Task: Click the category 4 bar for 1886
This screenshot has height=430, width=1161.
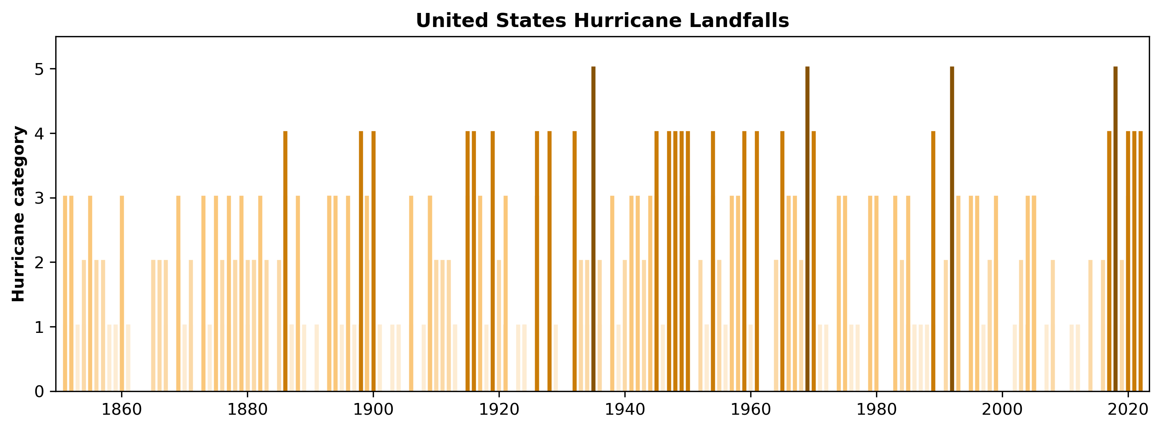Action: click(285, 261)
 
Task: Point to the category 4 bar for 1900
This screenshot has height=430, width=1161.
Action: click(373, 261)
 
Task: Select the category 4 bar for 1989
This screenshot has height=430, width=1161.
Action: click(933, 261)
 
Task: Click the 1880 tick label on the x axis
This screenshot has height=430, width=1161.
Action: click(247, 410)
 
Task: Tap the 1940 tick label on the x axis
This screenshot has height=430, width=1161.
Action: click(625, 410)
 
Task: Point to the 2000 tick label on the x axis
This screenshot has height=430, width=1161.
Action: click(1002, 410)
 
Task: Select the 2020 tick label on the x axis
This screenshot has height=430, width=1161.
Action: click(1128, 410)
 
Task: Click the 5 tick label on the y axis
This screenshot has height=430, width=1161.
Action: click(39, 69)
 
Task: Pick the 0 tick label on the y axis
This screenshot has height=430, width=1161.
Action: click(39, 391)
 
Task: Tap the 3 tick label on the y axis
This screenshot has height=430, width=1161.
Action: click(39, 198)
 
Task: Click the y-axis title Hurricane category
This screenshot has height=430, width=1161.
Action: click(19, 214)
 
